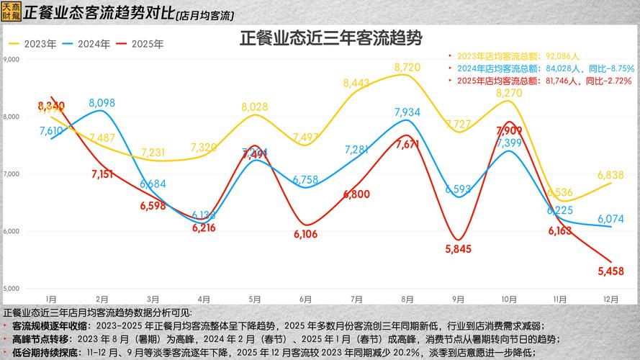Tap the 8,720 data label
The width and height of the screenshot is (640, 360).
click(407, 67)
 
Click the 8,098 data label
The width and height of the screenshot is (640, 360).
click(102, 103)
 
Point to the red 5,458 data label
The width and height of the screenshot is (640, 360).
click(612, 271)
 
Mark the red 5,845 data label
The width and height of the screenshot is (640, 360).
click(459, 249)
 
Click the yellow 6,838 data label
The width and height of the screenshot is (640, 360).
click(611, 175)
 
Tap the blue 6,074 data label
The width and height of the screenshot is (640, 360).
click(611, 219)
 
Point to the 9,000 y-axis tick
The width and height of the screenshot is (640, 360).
click(11, 59)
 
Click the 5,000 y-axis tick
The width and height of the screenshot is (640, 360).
click(11, 289)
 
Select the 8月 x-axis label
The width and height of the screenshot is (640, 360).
click(407, 299)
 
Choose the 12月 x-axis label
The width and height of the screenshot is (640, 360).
click(610, 299)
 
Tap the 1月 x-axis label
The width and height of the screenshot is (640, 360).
click(51, 299)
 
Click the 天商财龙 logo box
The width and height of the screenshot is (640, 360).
click(11, 12)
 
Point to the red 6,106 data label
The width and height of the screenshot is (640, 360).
click(306, 234)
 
